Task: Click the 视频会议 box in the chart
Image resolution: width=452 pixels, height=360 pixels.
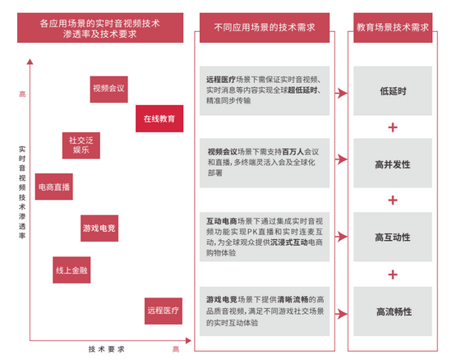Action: tap(108, 90)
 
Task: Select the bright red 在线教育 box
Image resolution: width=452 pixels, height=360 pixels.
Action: tap(159, 118)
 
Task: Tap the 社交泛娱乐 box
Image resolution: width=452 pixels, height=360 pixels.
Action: tap(81, 145)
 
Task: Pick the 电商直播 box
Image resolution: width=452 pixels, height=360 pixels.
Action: tap(54, 187)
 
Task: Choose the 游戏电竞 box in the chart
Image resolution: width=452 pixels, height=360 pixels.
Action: tap(99, 228)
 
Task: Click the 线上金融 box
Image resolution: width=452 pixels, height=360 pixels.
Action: tap(71, 270)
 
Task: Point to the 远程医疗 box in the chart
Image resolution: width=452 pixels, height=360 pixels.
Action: tap(164, 311)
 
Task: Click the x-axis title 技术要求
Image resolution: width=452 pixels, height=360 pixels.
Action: tap(106, 349)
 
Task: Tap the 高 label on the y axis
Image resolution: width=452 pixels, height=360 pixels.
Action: tap(22, 94)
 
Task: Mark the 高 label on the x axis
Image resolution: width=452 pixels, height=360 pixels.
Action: tap(176, 349)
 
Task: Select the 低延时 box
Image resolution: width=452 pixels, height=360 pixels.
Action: tap(393, 90)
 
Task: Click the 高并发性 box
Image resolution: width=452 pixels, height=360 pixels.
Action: tap(393, 163)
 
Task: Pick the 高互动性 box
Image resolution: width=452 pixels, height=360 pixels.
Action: tap(393, 237)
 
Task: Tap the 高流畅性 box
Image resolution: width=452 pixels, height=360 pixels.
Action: tap(393, 312)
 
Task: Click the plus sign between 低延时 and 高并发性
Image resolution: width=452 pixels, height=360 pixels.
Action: tap(393, 127)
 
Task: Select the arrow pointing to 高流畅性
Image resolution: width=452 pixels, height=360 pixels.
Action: tap(341, 314)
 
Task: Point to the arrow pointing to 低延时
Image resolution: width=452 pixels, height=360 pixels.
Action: tap(341, 93)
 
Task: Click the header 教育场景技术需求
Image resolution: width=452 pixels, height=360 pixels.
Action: tap(393, 28)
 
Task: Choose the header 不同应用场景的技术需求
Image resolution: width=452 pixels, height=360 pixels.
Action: tap(265, 28)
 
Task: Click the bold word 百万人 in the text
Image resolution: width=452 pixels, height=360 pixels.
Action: tap(293, 151)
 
